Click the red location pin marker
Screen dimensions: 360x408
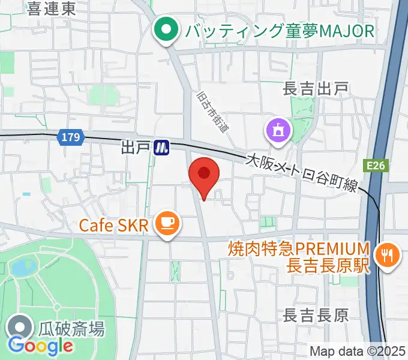click(x=204, y=175)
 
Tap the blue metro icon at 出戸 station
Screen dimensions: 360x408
click(x=161, y=147)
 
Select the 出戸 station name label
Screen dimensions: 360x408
click(x=134, y=147)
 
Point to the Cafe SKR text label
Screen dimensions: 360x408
click(x=113, y=226)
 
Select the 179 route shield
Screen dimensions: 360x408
click(x=70, y=138)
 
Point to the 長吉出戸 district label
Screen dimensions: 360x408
click(x=316, y=89)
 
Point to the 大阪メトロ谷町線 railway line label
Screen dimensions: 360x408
click(x=302, y=173)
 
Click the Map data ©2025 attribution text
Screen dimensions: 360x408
click(x=357, y=351)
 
